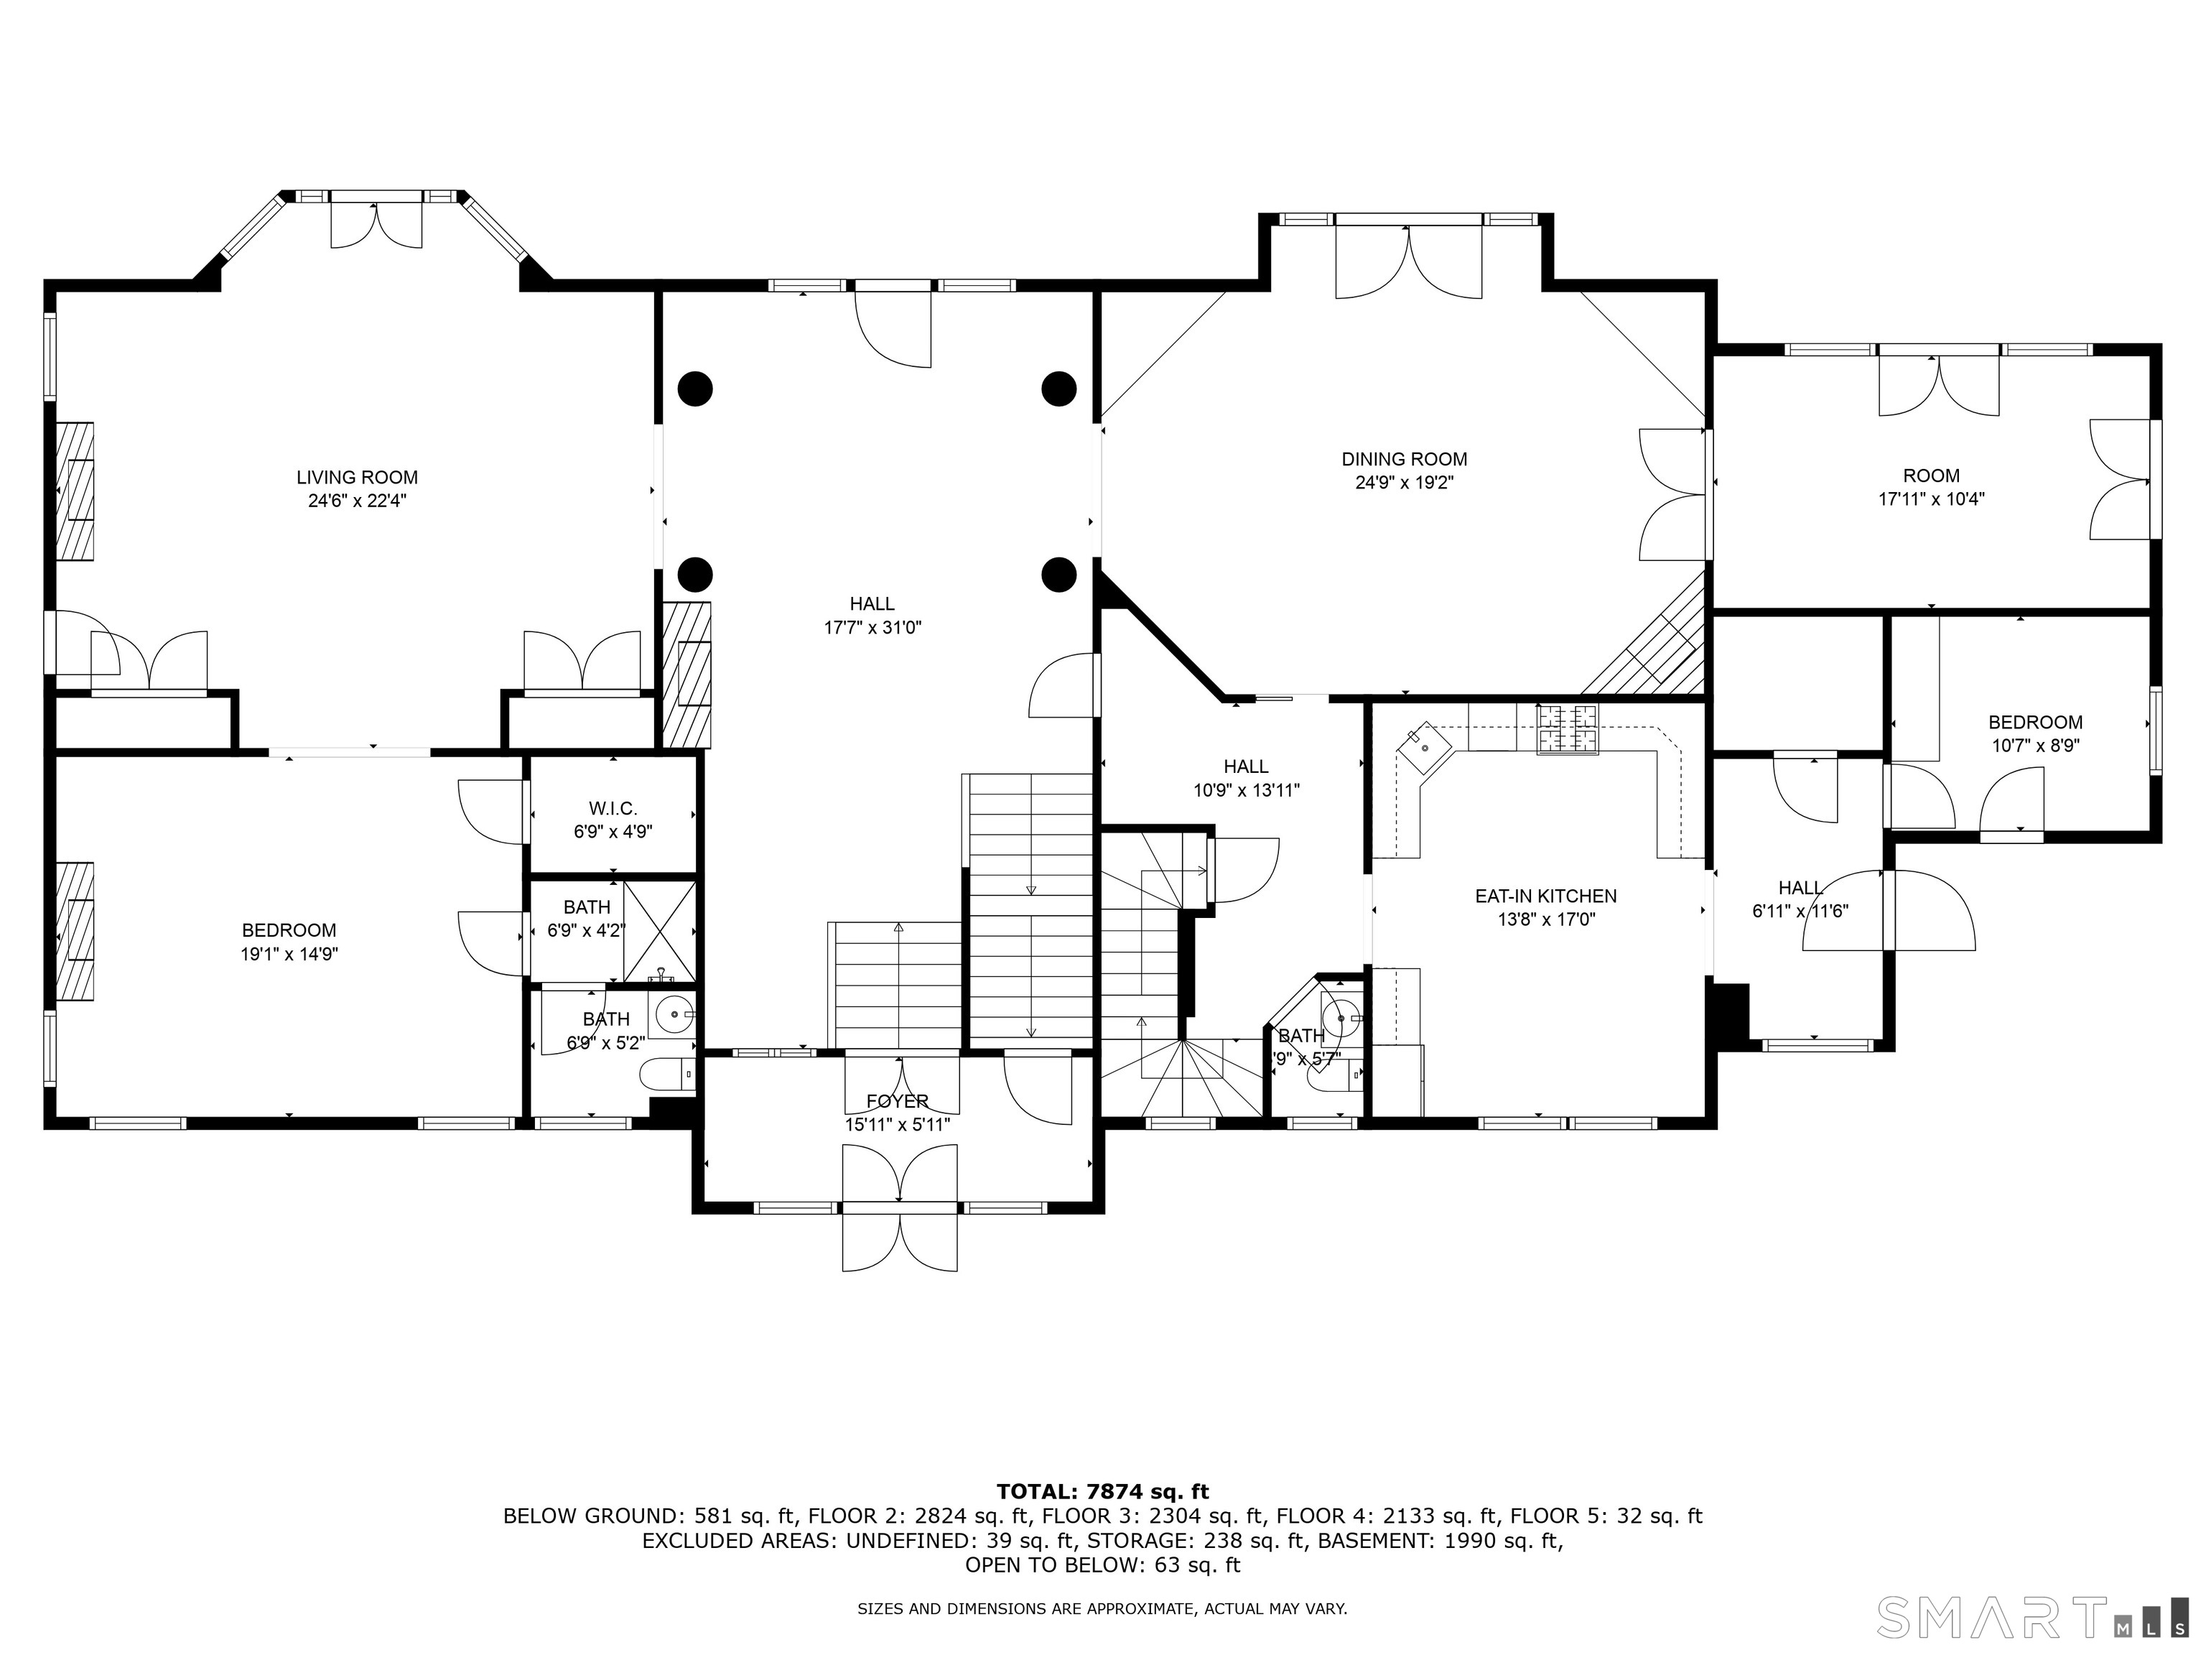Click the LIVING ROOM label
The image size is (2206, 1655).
tap(356, 477)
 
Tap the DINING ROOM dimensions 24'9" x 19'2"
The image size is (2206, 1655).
tap(1403, 483)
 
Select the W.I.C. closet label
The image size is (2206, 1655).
tap(613, 808)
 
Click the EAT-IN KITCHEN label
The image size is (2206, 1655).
tap(1546, 896)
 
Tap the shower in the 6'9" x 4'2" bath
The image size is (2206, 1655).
tap(659, 932)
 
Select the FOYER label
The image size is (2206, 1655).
tap(897, 1101)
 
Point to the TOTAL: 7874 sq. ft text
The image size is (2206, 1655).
tap(1102, 1491)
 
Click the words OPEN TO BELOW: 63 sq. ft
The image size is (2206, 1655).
tap(1102, 1565)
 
